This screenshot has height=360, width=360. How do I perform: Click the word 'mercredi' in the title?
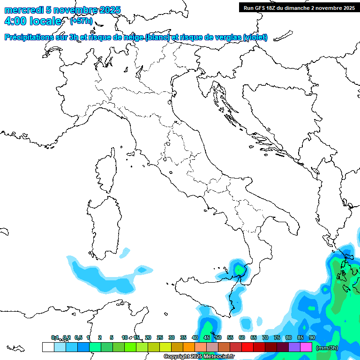23,10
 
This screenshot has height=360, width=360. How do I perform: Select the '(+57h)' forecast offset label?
81,21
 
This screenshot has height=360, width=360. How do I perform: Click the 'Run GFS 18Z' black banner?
299,7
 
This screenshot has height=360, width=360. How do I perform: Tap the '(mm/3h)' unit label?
328,348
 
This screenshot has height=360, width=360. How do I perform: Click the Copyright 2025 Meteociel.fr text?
199,357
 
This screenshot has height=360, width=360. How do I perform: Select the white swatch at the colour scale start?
48,347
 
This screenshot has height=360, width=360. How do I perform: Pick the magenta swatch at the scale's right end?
306,347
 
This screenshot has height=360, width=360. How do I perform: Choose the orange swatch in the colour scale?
189,347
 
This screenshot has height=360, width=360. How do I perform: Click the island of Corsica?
106,171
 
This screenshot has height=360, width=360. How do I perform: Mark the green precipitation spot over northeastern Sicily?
240,270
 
